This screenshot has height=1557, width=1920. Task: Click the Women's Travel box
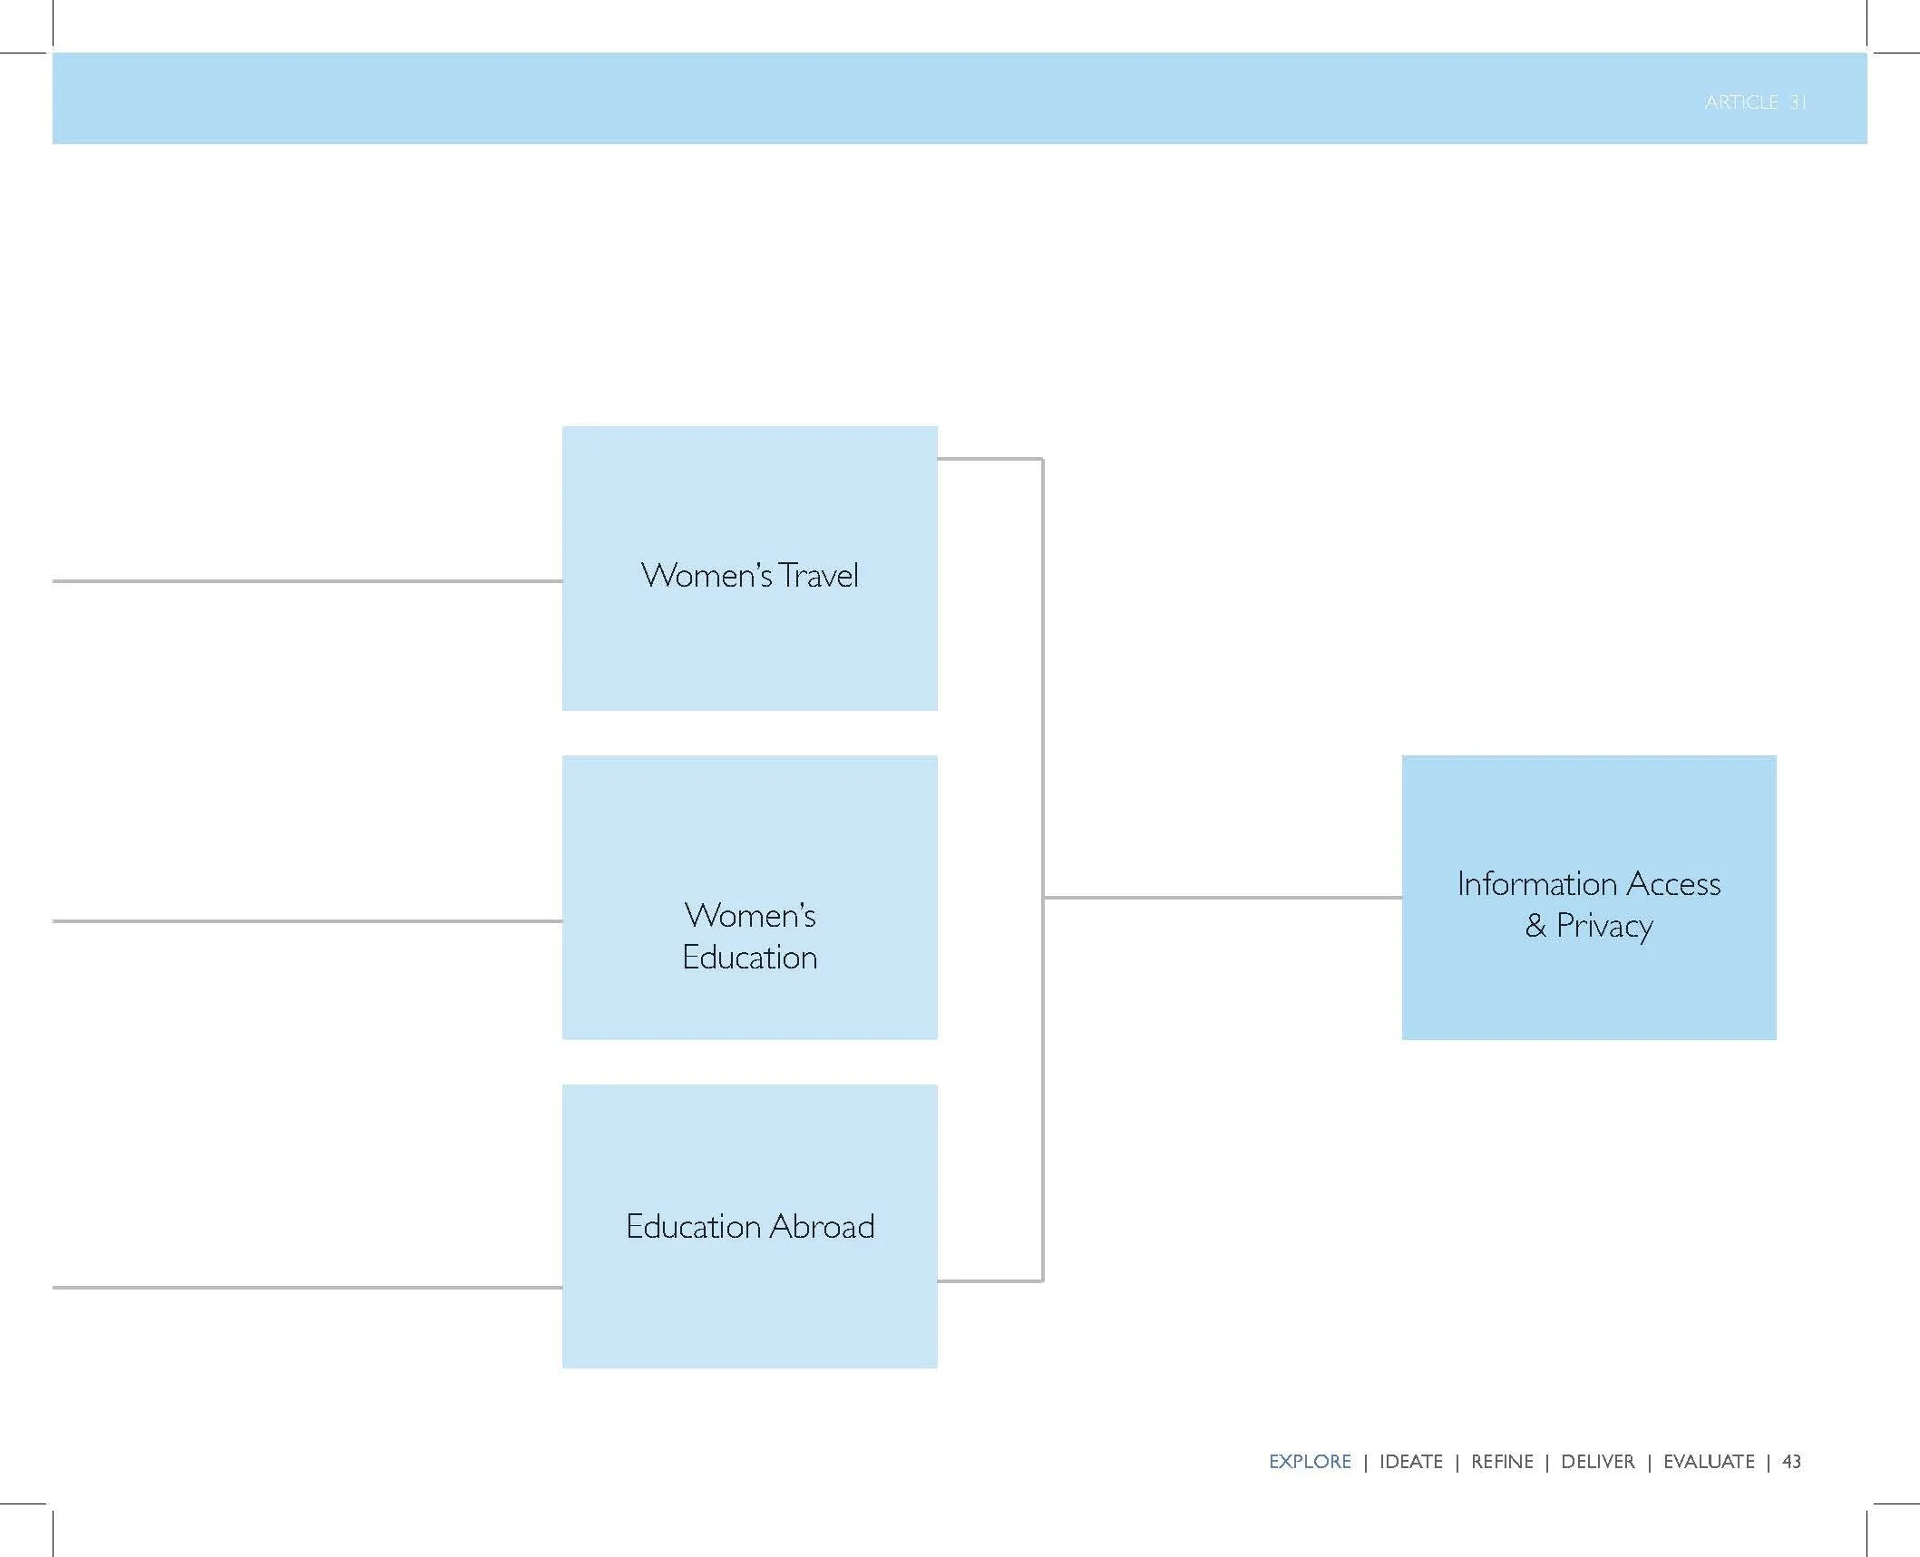[x=750, y=569]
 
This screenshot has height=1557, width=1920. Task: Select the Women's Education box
[x=750, y=898]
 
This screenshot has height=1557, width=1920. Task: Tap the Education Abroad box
[x=750, y=1226]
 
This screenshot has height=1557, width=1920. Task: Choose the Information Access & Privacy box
[x=1589, y=898]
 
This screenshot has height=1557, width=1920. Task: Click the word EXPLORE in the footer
[x=1310, y=1462]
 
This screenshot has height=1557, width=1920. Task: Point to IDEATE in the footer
[x=1411, y=1462]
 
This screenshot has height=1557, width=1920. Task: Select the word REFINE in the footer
[x=1502, y=1462]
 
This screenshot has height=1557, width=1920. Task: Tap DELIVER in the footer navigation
[x=1598, y=1462]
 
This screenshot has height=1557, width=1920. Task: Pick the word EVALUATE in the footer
[x=1709, y=1462]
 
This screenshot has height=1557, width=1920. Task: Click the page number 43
[x=1792, y=1462]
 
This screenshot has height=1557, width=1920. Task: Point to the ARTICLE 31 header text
[x=1756, y=102]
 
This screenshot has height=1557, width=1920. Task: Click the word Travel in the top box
[x=819, y=576]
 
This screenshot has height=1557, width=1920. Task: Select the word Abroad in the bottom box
[x=823, y=1226]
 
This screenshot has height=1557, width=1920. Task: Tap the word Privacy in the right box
[x=1605, y=927]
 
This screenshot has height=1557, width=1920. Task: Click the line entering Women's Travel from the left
[x=307, y=581]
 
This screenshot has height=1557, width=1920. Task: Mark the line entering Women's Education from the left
[x=307, y=921]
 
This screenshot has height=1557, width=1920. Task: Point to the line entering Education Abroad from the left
[x=307, y=1288]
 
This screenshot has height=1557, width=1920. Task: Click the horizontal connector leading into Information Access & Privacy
[x=1223, y=898]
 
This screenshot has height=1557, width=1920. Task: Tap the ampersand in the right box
[x=1535, y=926]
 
